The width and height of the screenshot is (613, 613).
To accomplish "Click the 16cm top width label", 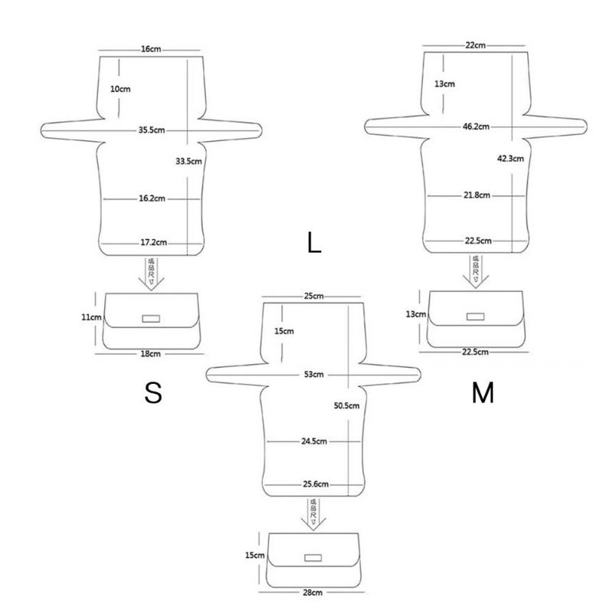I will click(x=150, y=49).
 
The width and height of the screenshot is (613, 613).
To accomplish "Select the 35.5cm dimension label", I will click(x=152, y=130).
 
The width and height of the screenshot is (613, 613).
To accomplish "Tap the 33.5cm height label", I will click(x=188, y=161).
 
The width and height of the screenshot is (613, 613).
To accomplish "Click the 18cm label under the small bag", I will click(x=150, y=354).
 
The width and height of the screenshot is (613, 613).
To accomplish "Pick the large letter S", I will click(x=153, y=393).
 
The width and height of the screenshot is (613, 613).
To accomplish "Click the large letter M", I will click(x=483, y=393).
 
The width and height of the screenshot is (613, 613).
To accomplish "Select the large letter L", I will click(x=313, y=244).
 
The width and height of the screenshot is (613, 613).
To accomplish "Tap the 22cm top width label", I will click(x=475, y=45).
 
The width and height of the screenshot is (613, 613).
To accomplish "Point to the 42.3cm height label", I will click(x=510, y=159).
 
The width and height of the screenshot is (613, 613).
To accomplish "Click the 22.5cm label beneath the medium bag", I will click(x=475, y=352).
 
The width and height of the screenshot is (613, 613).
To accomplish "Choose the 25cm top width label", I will click(x=313, y=297).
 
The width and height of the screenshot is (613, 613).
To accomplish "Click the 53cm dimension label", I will click(x=313, y=375).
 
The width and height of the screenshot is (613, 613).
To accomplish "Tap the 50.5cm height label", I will click(x=347, y=406).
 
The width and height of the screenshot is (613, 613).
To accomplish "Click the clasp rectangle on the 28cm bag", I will click(x=313, y=557).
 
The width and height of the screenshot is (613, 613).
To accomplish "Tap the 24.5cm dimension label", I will click(x=313, y=441).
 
